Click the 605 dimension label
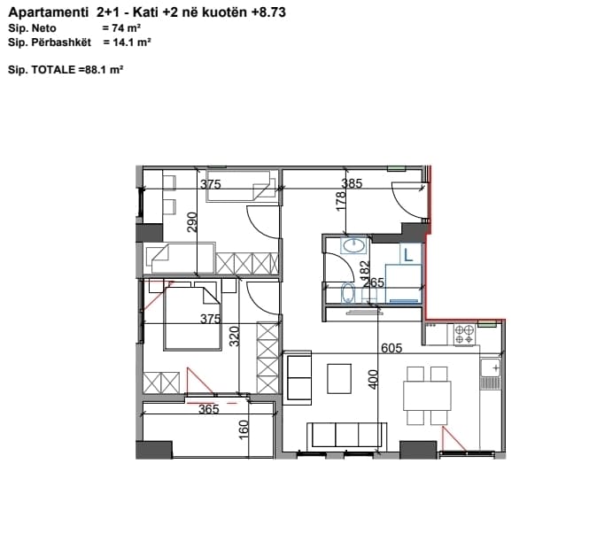coord(391,348)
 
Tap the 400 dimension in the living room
coord(373,379)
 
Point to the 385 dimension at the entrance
coord(352,183)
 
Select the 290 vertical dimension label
coord(192,222)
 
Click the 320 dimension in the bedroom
coord(234,336)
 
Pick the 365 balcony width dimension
coord(208,408)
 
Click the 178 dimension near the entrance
coord(341,201)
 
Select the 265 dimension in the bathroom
coord(374,282)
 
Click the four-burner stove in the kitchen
coord(464,335)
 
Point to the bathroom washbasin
coord(353,246)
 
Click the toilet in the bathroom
coord(348,293)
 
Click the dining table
coord(427,396)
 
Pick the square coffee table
coord(339,378)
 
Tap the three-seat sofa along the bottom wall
coord(346,436)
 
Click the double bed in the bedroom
coord(192,319)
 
